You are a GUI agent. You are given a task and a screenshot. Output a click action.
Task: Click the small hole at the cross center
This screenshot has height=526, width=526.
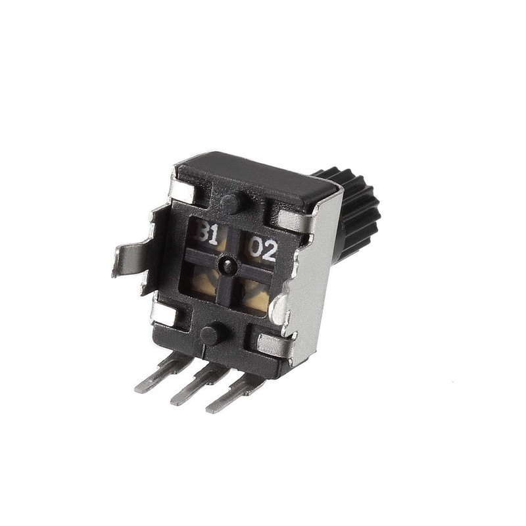(x=226, y=265)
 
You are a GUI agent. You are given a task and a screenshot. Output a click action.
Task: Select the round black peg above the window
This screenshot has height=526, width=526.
(x=231, y=202)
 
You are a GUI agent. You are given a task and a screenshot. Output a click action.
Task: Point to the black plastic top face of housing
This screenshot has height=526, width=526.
(x=263, y=178)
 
